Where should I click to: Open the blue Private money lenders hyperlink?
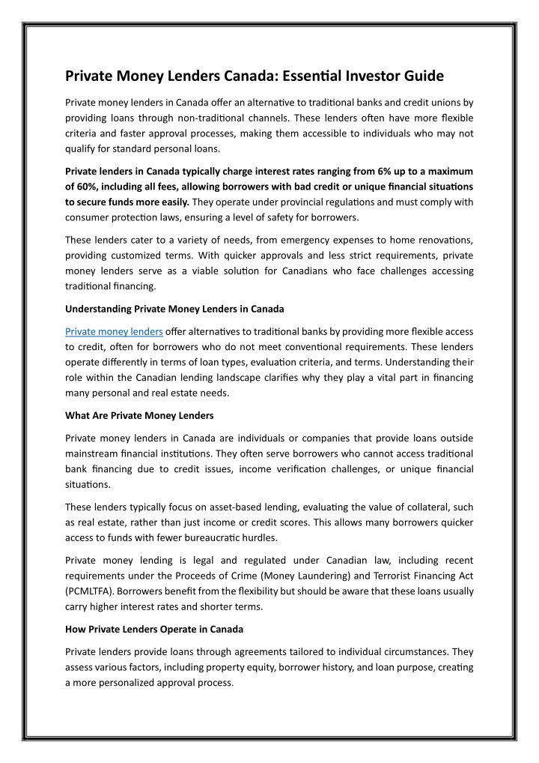pyautogui.click(x=114, y=331)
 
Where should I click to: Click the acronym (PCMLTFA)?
pyautogui.click(x=89, y=591)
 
